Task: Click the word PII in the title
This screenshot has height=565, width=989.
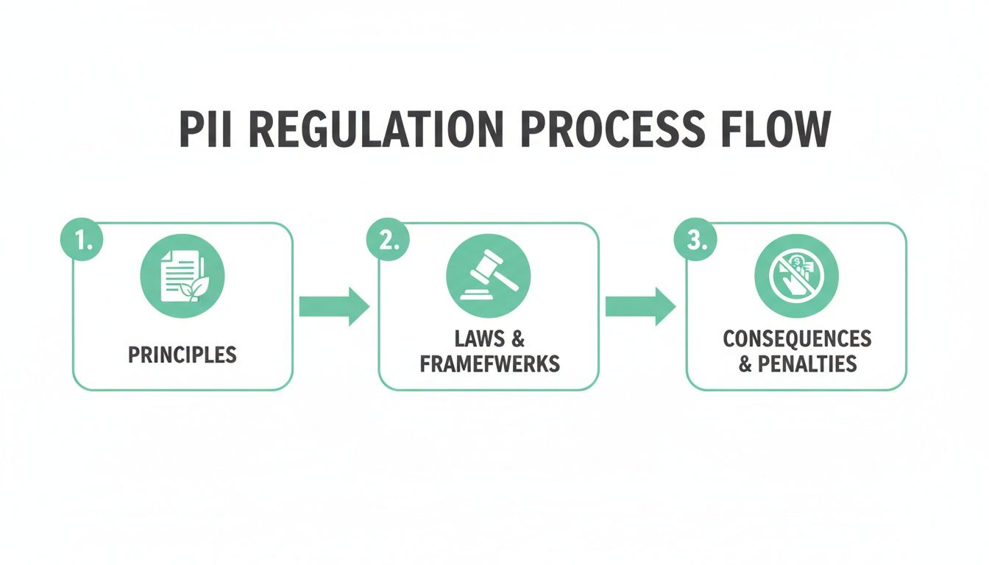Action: [x=200, y=132]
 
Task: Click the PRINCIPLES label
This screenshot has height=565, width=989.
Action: [x=182, y=355]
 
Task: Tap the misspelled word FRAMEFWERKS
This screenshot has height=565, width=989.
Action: [x=489, y=363]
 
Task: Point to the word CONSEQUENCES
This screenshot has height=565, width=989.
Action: [x=797, y=339]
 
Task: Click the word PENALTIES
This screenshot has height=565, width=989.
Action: [x=807, y=363]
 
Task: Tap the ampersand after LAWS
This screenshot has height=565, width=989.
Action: [x=517, y=339]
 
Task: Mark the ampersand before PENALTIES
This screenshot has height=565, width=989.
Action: [x=745, y=363]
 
